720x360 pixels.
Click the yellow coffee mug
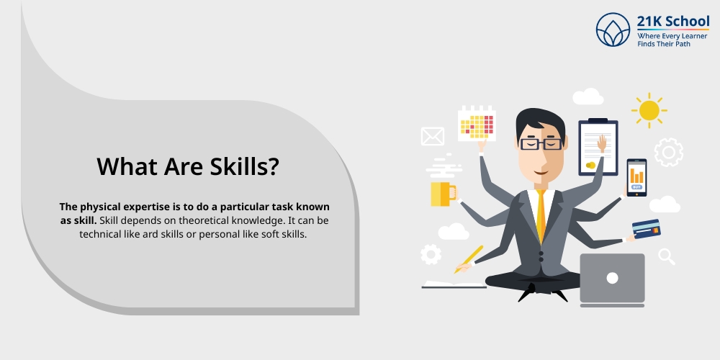click(x=441, y=194)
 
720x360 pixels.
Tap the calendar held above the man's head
click(x=477, y=123)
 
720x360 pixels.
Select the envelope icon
click(x=432, y=136)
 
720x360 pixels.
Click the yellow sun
click(x=649, y=110)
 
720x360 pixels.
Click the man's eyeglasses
click(x=541, y=143)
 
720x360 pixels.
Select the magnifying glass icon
click(x=666, y=256)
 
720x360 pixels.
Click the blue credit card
click(x=645, y=229)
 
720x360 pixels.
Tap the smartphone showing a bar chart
click(x=636, y=177)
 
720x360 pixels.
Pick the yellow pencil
click(x=469, y=258)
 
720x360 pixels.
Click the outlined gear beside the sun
click(x=668, y=152)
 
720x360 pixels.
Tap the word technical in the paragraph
click(x=106, y=234)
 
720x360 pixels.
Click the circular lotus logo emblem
click(x=613, y=30)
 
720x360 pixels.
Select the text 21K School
click(x=672, y=21)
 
